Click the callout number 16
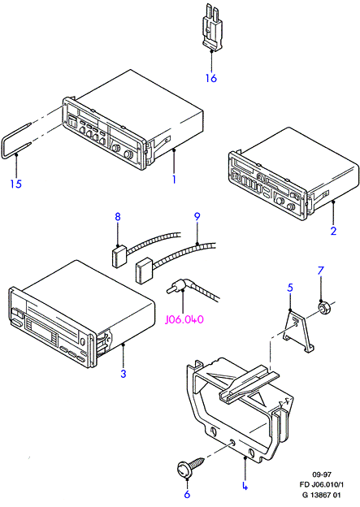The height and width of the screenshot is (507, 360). point(211,78)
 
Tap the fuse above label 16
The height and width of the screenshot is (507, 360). point(211,27)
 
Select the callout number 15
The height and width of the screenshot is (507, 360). point(15,184)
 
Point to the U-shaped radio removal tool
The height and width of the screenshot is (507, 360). point(16,141)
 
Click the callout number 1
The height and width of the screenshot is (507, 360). point(174,179)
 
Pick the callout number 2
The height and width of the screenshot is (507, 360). point(333,231)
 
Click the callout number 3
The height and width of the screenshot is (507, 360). point(124,374)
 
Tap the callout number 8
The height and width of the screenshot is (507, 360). point(117,216)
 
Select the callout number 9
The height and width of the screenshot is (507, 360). point(197,216)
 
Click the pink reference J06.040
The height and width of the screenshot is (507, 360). point(184,319)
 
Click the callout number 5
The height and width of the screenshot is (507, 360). point(290,287)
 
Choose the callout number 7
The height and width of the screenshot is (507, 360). point(320,271)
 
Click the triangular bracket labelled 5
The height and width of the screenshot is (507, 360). point(298,331)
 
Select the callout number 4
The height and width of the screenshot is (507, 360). point(245,486)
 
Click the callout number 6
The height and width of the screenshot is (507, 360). point(187,494)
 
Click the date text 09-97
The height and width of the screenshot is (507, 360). point(322,474)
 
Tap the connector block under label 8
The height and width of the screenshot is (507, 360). point(119,256)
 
